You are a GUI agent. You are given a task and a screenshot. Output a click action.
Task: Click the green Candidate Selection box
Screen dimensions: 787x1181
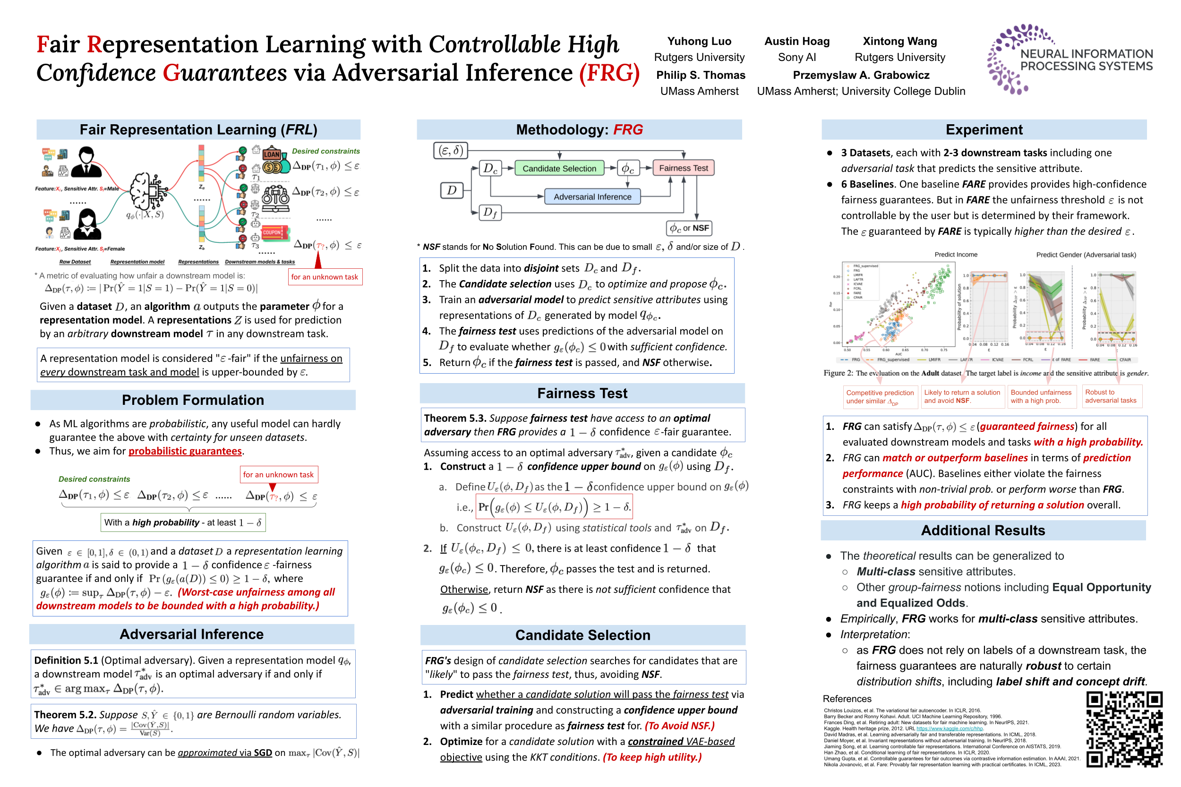(x=559, y=168)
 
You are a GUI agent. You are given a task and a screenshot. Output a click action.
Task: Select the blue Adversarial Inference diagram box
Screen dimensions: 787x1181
(x=592, y=197)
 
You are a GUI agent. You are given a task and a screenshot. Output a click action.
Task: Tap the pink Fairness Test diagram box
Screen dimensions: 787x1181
(x=683, y=168)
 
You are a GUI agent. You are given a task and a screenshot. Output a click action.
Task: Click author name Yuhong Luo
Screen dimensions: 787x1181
(x=699, y=41)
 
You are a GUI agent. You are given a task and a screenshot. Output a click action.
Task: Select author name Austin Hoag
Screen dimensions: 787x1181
(x=796, y=41)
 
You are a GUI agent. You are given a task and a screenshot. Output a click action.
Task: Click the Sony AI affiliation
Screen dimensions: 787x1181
(x=796, y=57)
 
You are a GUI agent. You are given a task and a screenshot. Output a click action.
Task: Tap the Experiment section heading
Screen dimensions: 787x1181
(x=983, y=129)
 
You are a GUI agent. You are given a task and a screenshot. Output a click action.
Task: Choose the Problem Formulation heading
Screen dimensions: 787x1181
(x=193, y=400)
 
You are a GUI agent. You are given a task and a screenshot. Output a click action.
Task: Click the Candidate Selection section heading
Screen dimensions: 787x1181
(x=582, y=635)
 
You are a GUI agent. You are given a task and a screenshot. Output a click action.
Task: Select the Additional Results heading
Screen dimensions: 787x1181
(x=982, y=530)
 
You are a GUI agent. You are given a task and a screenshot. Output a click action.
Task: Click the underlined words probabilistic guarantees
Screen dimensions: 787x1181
(x=185, y=451)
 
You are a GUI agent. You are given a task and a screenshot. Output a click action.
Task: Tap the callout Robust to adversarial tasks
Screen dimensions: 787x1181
(x=1110, y=396)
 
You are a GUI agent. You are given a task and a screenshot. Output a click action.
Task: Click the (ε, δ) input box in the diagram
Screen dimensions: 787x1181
(x=450, y=150)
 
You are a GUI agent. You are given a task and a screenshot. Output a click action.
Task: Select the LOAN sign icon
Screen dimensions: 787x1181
(x=272, y=154)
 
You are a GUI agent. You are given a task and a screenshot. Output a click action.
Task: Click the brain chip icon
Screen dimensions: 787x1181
(x=148, y=191)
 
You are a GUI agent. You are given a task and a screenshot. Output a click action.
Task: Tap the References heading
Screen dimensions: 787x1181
(x=847, y=699)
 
